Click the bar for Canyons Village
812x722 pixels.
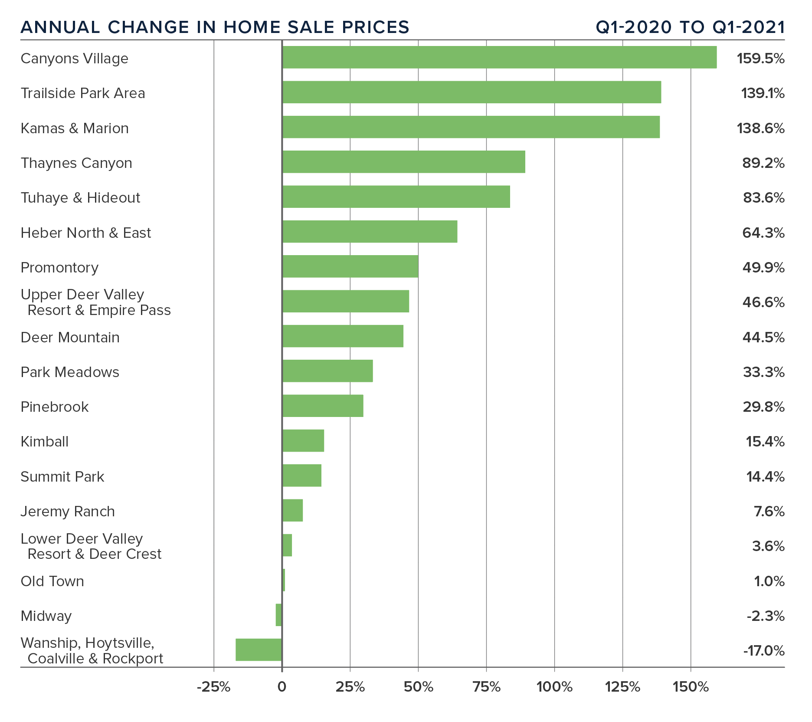499,57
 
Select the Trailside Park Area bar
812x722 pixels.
471,92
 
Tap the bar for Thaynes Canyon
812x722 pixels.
403,162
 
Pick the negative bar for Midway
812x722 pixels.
278,615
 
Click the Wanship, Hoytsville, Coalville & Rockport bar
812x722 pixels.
259,650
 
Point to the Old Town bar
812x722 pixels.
284,580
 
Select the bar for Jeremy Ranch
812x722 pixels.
292,510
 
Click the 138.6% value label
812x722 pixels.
760,128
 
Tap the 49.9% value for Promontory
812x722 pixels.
763,268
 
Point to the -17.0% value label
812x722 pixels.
763,651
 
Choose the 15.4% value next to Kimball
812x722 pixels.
765,442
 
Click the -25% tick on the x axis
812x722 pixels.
213,687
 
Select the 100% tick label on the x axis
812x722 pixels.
554,687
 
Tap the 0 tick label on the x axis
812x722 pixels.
282,687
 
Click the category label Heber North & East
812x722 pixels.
86,233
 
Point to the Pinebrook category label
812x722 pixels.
55,407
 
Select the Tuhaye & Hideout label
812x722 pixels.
80,198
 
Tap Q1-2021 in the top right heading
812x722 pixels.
748,27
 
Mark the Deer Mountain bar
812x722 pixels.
343,336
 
